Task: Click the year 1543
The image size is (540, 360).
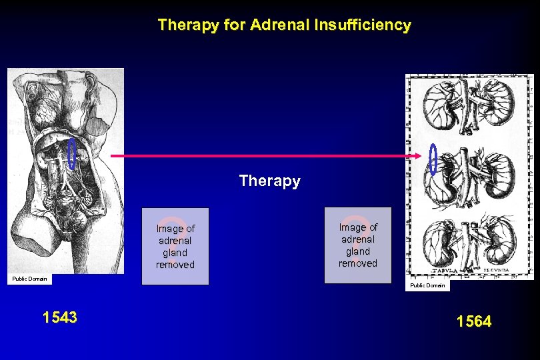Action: point(59,317)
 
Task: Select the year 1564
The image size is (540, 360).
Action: point(474,322)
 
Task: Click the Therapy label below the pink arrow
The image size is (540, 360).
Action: point(269,181)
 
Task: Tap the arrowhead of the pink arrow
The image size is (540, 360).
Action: point(419,156)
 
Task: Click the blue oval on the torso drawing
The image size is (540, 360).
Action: point(71,153)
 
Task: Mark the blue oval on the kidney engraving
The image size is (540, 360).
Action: point(433,160)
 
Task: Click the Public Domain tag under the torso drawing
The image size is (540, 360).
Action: point(29,279)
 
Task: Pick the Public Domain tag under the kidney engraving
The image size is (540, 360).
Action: point(427,285)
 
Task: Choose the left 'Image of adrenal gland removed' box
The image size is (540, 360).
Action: point(175,246)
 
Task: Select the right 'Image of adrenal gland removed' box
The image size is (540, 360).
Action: point(357,245)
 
